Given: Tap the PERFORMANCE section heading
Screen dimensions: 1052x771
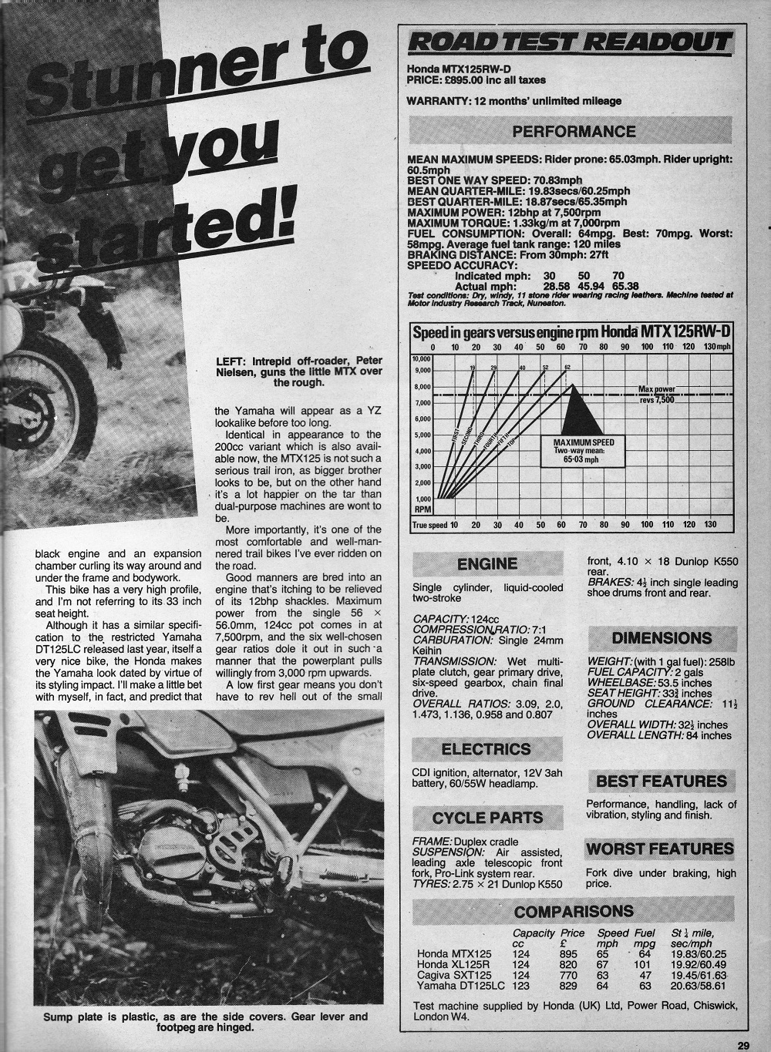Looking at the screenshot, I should [574, 132].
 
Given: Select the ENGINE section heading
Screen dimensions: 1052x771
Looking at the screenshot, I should [487, 563].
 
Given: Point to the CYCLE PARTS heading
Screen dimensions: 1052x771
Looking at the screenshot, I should [487, 818].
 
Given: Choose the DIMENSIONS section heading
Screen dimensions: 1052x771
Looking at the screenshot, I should [662, 638].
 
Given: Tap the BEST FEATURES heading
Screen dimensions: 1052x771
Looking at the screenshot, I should [661, 781].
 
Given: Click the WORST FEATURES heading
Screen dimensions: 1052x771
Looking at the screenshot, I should [660, 849].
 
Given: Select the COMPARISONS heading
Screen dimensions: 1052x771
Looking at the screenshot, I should [574, 912].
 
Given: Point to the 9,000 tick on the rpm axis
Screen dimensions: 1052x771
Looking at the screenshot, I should [421, 371].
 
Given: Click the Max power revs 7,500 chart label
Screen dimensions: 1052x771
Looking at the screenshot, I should [656, 395].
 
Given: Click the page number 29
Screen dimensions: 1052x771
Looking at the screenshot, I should [742, 1045].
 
